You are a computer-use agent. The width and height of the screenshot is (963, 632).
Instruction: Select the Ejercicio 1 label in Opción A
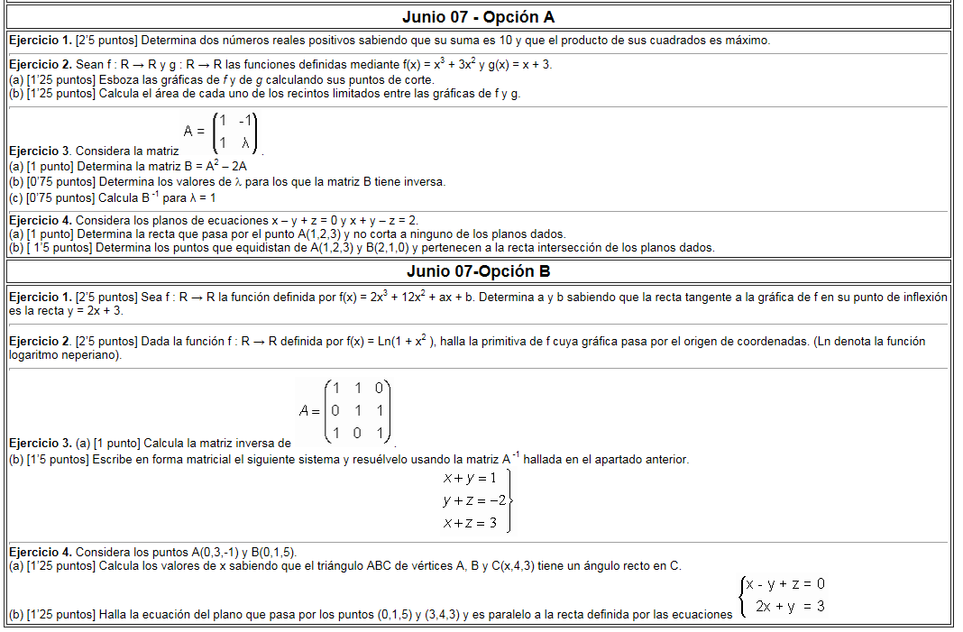point(40,41)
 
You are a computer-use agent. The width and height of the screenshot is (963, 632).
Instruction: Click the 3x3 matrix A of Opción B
point(345,411)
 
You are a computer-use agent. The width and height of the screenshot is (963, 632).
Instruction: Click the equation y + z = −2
point(474,500)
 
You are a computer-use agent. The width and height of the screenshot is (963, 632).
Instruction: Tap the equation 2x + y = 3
point(790,607)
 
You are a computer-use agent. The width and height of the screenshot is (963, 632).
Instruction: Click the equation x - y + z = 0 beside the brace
point(785,584)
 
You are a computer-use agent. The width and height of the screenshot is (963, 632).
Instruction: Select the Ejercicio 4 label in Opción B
point(40,552)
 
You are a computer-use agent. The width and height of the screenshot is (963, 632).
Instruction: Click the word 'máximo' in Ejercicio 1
point(748,41)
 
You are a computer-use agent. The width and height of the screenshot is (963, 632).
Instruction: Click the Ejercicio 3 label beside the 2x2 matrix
point(40,151)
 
